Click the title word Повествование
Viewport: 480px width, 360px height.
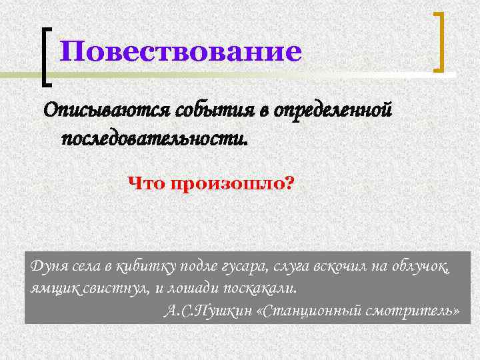tap(180, 52)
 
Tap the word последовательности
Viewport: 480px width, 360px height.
tap(153, 139)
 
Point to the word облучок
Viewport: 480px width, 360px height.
tap(420, 267)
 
